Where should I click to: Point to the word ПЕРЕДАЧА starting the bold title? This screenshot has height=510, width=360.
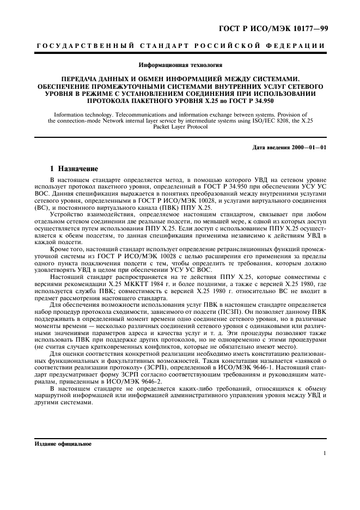(x=81, y=79)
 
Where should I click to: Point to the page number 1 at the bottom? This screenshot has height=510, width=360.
(x=325, y=453)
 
